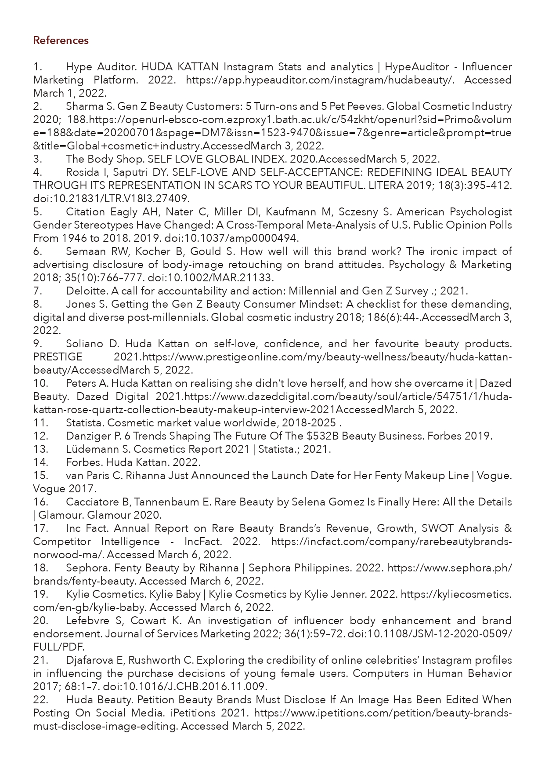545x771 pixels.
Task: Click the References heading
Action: (x=61, y=40)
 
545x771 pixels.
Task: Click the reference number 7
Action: (x=37, y=291)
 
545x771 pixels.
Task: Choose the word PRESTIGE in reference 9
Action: (x=58, y=357)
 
